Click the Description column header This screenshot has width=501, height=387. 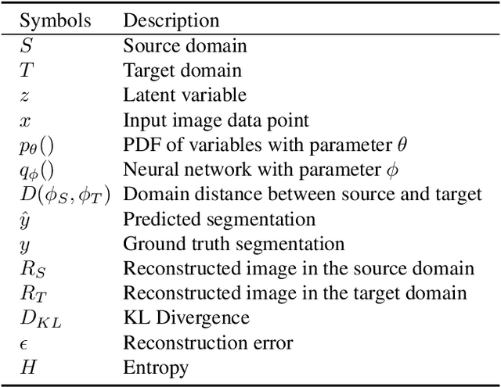tap(171, 20)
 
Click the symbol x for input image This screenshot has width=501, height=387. tap(23, 120)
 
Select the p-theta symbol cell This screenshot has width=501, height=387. tap(37, 145)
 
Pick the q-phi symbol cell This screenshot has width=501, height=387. tap(37, 170)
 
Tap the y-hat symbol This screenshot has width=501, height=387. tap(23, 220)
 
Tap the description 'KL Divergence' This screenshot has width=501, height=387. tap(186, 319)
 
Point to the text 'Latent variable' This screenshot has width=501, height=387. tap(185, 95)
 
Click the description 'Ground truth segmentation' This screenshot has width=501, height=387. tap(233, 245)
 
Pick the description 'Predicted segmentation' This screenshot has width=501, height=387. tap(219, 220)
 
